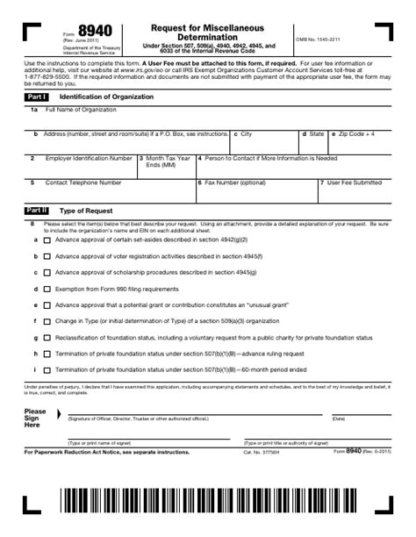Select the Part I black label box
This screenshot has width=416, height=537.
click(x=37, y=97)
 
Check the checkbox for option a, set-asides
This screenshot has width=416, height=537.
click(x=47, y=240)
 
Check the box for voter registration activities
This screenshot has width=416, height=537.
click(x=47, y=255)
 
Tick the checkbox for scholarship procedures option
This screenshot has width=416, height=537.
click(x=47, y=272)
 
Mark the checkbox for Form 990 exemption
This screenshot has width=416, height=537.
click(x=47, y=288)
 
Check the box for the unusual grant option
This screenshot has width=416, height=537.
click(x=47, y=304)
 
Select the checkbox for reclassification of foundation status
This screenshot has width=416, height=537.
click(x=47, y=337)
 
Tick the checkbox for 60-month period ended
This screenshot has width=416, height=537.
click(x=47, y=369)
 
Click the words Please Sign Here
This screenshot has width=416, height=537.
click(x=35, y=418)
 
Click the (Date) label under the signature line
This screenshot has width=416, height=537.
click(x=339, y=419)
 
